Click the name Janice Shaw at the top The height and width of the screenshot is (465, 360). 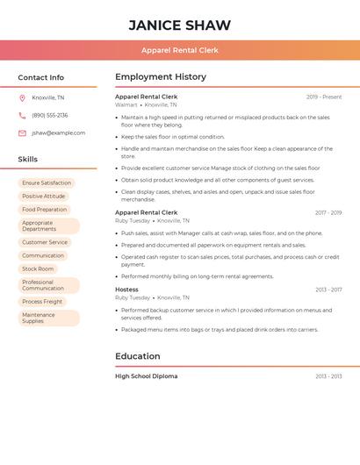tap(180, 25)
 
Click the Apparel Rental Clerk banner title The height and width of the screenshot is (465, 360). tap(180, 50)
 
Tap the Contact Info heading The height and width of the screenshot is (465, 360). tap(40, 77)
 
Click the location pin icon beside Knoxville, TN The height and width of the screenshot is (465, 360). tap(22, 97)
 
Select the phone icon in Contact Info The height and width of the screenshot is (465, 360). tap(22, 115)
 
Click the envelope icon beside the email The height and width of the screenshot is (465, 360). tap(22, 133)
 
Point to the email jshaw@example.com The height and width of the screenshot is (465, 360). tap(59, 133)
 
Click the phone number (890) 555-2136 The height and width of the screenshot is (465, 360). tap(50, 115)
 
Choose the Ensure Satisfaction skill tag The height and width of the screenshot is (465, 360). tap(47, 183)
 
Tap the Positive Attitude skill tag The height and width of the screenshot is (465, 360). tap(44, 197)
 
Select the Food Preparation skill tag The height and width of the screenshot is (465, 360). tap(45, 210)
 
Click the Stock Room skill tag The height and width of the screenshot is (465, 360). tap(38, 268)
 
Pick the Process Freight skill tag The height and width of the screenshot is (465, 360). tap(42, 302)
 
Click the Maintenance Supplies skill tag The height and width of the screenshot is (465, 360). tap(39, 318)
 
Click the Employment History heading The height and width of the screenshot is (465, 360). tap(161, 77)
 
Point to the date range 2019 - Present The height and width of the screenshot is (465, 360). tap(324, 97)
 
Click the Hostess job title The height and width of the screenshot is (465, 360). tap(126, 290)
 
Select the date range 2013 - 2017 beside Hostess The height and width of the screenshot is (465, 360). tap(328, 290)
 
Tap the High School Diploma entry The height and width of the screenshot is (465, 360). tap(146, 376)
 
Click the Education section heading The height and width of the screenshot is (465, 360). tap(138, 356)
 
